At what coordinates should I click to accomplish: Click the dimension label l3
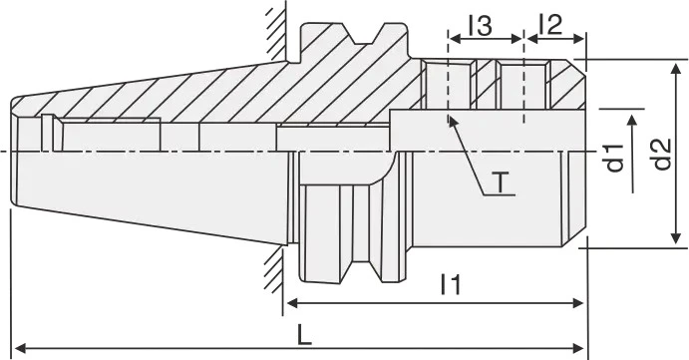click(x=480, y=26)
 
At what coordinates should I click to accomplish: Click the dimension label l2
click(x=551, y=25)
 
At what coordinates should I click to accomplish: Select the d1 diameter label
click(x=615, y=158)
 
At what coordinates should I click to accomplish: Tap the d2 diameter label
click(x=662, y=154)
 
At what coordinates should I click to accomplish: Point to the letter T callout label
click(x=500, y=182)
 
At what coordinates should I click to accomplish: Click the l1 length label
click(x=451, y=284)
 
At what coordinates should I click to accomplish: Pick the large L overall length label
click(x=304, y=335)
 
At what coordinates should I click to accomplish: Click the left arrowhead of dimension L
click(x=21, y=349)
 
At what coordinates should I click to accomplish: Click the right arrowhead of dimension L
click(x=578, y=349)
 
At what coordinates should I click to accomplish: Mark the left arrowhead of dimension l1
click(x=293, y=303)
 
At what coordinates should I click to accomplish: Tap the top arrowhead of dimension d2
click(x=676, y=69)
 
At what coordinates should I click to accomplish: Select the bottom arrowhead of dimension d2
click(x=676, y=237)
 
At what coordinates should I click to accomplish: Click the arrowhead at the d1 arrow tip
click(x=632, y=123)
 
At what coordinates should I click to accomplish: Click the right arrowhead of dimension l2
click(x=578, y=39)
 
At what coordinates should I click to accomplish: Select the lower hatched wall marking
click(x=275, y=269)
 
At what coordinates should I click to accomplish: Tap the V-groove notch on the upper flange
click(x=366, y=34)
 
